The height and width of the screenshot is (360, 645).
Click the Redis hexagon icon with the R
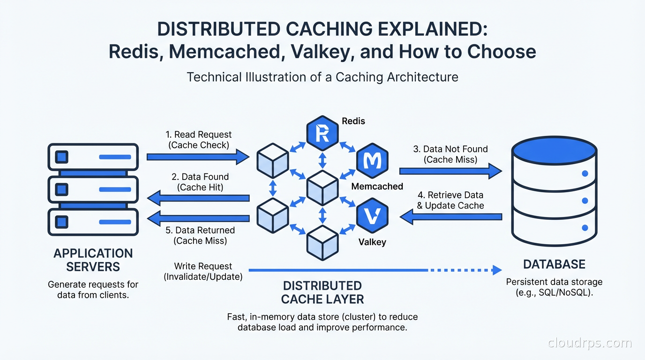[x=322, y=133]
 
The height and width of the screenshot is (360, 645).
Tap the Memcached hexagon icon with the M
[x=373, y=162]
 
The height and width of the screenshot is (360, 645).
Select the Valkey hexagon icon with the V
[x=373, y=216]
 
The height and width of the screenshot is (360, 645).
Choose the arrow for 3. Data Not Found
[x=450, y=172]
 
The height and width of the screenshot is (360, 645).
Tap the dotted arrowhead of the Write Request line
[x=496, y=270]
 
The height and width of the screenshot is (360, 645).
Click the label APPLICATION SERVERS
[x=93, y=260]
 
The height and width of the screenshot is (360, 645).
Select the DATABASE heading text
[x=554, y=264]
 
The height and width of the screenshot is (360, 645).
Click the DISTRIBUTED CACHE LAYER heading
[x=322, y=292]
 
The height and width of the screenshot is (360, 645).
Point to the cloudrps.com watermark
[x=590, y=343]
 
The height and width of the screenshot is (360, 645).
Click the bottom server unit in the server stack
[x=93, y=222]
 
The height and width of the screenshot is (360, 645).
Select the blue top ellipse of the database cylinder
[x=554, y=151]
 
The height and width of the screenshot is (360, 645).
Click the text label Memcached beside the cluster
[x=377, y=187]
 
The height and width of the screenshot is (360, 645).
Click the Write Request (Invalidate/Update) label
[x=203, y=271]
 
